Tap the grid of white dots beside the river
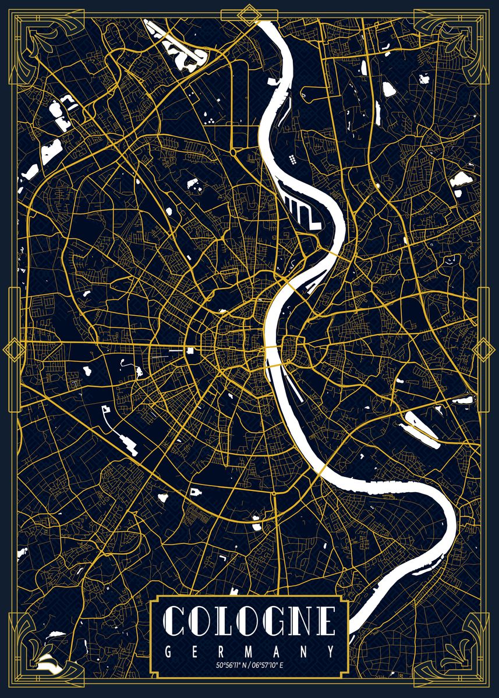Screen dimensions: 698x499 [291, 159]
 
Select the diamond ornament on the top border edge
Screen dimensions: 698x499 [250, 14]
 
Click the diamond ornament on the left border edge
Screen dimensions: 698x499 [12, 350]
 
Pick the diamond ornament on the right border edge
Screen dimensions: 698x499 [483, 350]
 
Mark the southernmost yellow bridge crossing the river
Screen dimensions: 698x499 [321, 468]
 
